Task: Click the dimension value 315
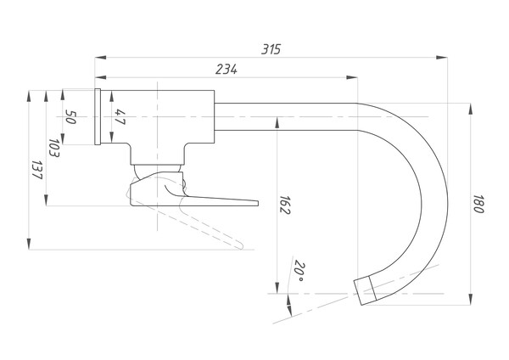(x=271, y=49)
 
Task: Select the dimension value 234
(x=227, y=70)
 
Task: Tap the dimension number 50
(x=70, y=116)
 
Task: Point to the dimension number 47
(x=120, y=117)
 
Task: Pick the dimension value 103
(x=54, y=148)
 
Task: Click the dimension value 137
(x=37, y=171)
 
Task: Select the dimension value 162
(x=285, y=205)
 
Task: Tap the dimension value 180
(x=478, y=204)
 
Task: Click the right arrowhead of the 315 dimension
(x=442, y=58)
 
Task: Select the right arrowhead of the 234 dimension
(x=352, y=77)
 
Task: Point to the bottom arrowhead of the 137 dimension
(x=29, y=244)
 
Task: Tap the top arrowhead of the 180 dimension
(x=470, y=109)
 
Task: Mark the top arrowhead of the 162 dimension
(x=277, y=122)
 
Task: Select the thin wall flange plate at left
(x=98, y=116)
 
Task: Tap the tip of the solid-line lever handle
(x=258, y=204)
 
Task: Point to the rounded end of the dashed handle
(x=241, y=245)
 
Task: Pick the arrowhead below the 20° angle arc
(x=288, y=310)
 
